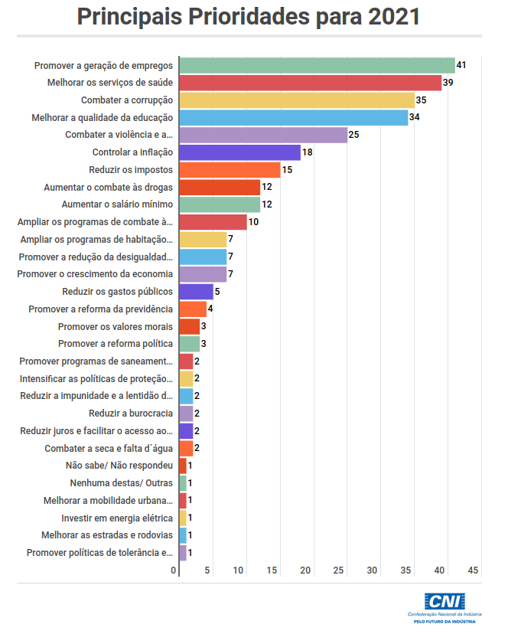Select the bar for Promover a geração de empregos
pyautogui.click(x=317, y=65)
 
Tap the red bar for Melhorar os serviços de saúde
pyautogui.click(x=310, y=83)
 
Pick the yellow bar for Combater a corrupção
pyautogui.click(x=297, y=100)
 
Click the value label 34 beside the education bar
pyautogui.click(x=415, y=117)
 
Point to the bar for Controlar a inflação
pyautogui.click(x=239, y=152)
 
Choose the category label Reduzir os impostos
pyautogui.click(x=131, y=169)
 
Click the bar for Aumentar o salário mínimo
pyautogui.click(x=220, y=204)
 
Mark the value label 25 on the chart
pyautogui.click(x=354, y=135)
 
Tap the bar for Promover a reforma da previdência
pyautogui.click(x=193, y=309)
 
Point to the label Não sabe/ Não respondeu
pyautogui.click(x=119, y=466)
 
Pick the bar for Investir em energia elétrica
pyautogui.click(x=183, y=518)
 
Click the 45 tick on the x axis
pyautogui.click(x=474, y=570)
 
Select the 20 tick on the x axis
pyautogui.click(x=306, y=570)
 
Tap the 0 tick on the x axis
pyautogui.click(x=174, y=570)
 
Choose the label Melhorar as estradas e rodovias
pyautogui.click(x=107, y=535)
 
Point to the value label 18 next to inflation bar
pyautogui.click(x=308, y=152)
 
